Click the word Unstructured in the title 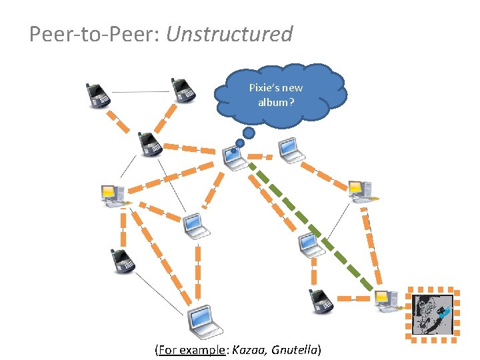229,34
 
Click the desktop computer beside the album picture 386,301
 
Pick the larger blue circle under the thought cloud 249,133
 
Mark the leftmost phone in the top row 98,95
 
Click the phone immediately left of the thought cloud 182,90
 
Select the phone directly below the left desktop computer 122,261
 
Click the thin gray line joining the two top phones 140,91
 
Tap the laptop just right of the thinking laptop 291,150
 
